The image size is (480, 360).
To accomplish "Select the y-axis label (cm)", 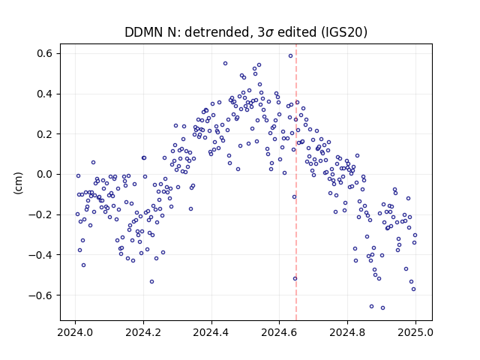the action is [18, 183].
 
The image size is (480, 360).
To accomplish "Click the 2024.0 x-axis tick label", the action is [75, 332].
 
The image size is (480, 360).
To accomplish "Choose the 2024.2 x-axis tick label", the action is [143, 332].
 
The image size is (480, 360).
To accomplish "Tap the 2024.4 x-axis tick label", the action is [211, 332].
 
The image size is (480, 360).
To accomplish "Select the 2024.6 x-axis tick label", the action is [279, 332].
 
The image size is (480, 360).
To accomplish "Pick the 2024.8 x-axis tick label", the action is [347, 332].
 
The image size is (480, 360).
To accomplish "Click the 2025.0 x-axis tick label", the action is [415, 332].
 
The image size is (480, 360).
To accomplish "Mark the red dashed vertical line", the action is [296, 182].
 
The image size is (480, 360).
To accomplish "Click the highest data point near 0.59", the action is [290, 56].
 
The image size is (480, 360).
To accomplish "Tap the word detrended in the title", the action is [217, 32].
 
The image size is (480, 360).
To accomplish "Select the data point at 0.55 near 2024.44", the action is [225, 63].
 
